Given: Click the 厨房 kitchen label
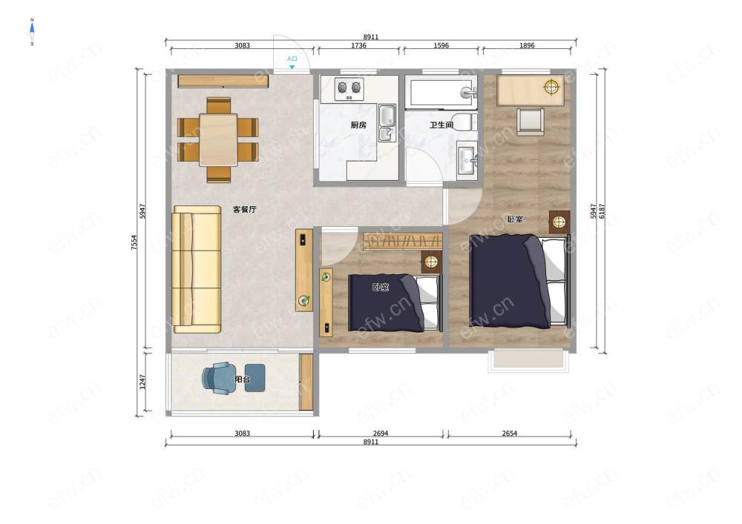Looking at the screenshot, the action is [358, 125].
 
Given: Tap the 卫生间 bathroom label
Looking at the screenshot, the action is [441, 125].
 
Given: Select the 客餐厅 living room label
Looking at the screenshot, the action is [245, 209].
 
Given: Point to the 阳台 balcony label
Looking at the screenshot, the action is [243, 379].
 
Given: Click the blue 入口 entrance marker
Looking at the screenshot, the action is [292, 62].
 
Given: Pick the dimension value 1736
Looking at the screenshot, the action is [358, 46].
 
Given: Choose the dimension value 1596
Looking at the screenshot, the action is [441, 46].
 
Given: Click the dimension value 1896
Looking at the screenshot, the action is [527, 46].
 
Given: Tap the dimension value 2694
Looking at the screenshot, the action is [381, 434].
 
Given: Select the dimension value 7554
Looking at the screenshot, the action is [134, 242].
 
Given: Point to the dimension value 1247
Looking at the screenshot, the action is [143, 382].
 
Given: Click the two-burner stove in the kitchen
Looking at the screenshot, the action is [349, 89].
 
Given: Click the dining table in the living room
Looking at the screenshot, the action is [218, 139].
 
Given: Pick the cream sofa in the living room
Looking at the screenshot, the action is [197, 269].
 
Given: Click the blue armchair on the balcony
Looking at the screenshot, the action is [220, 378].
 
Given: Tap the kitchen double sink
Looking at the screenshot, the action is [387, 123].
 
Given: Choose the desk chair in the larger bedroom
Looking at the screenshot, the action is [530, 122].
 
